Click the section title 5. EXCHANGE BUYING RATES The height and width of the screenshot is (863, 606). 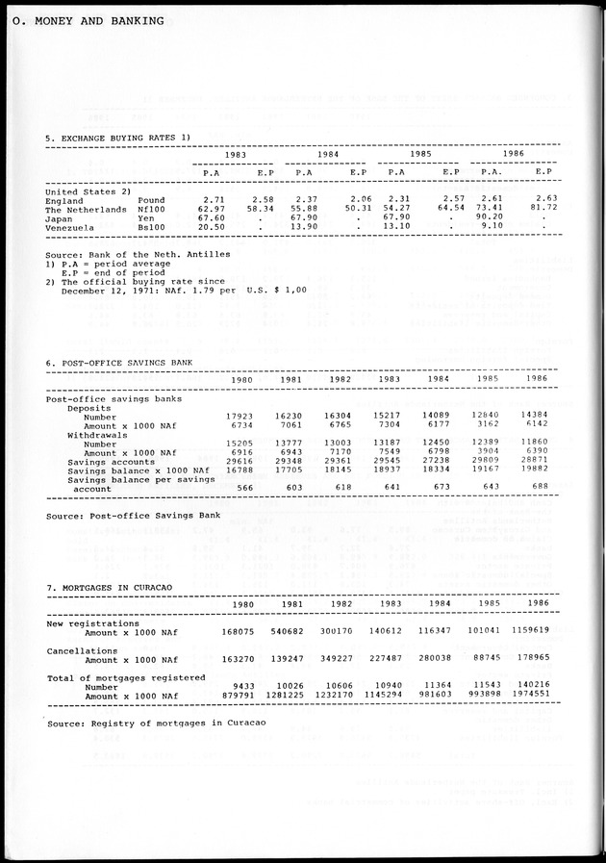point(118,138)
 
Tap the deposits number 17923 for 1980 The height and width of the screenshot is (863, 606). point(239,416)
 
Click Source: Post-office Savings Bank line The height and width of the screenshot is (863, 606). point(134,516)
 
